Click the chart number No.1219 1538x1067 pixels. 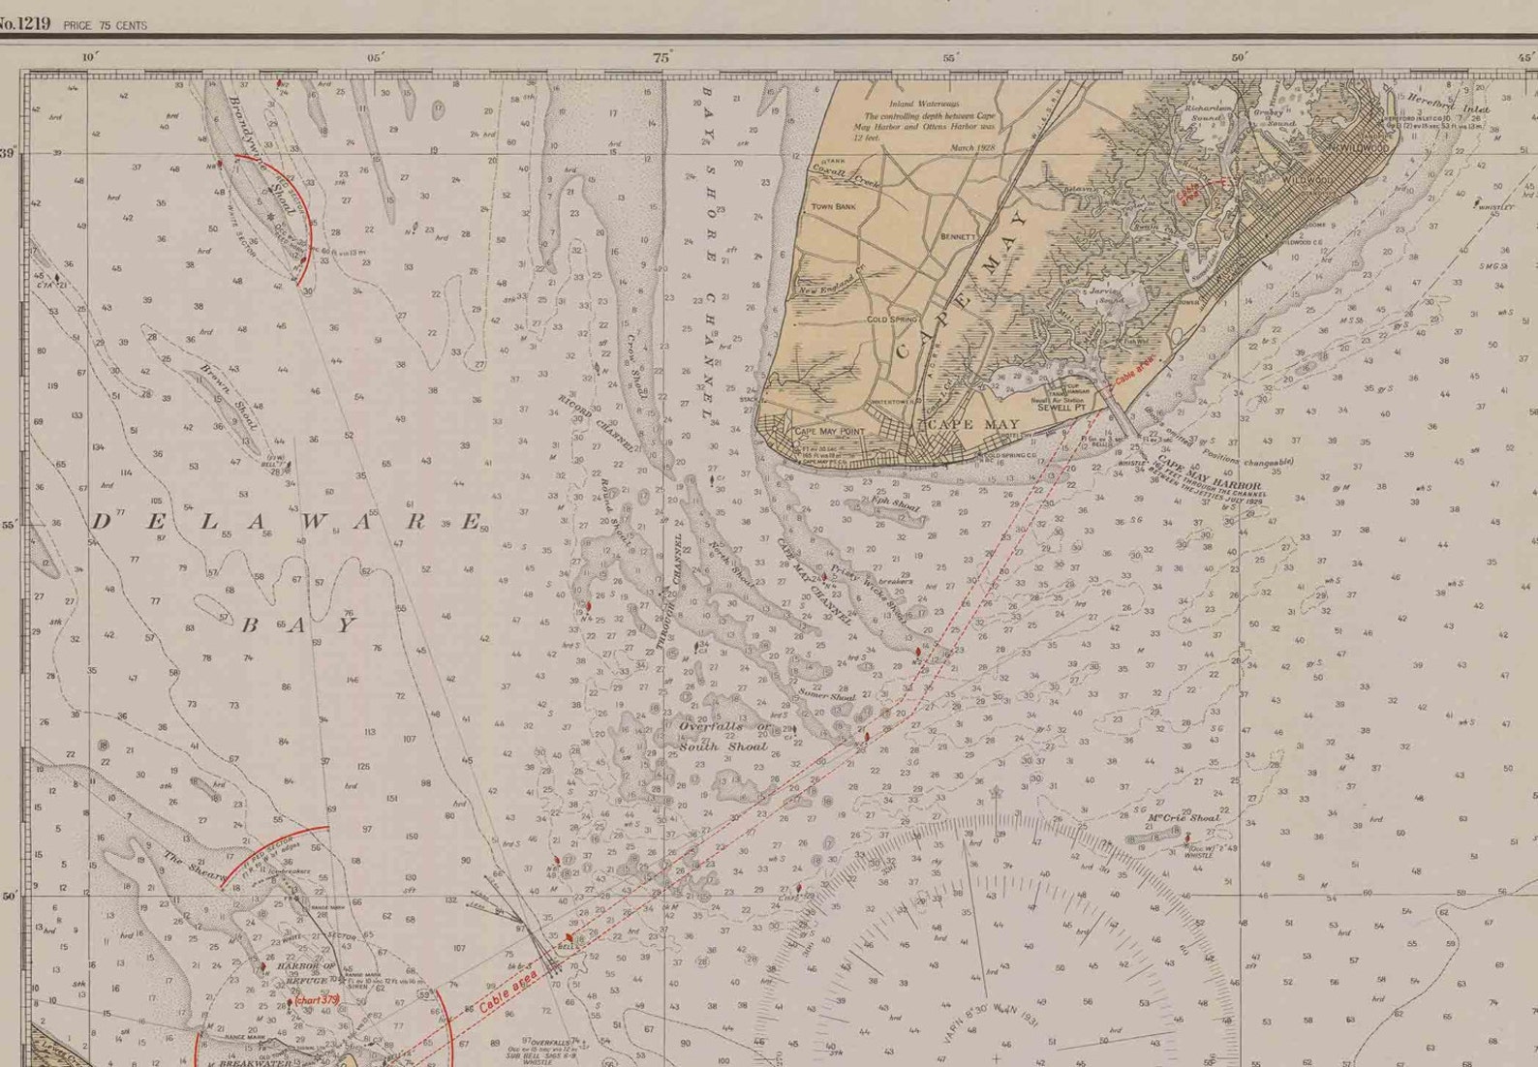[x=24, y=23]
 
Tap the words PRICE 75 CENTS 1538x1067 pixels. [x=105, y=25]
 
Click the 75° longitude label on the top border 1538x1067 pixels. [x=661, y=58]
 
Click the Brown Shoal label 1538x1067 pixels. [x=231, y=397]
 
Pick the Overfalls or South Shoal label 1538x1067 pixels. [x=723, y=736]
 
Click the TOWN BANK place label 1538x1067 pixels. [x=833, y=206]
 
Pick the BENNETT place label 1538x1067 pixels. [x=959, y=236]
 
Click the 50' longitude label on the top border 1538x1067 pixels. [x=1239, y=58]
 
